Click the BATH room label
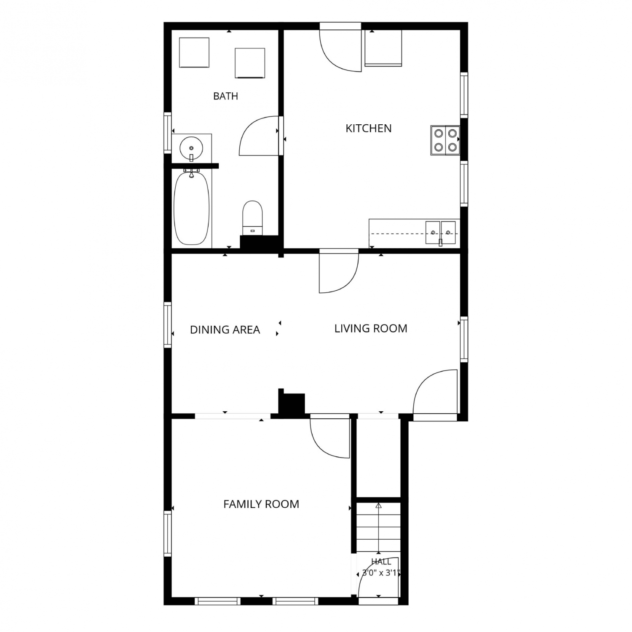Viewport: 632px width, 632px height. [225, 96]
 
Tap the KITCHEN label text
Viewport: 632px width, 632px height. [369, 128]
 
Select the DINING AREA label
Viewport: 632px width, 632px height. [225, 329]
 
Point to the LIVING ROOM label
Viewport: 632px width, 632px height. [371, 328]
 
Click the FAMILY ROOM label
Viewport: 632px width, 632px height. [261, 504]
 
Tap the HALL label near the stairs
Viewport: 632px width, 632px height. [381, 562]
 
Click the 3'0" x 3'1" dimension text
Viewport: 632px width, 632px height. [381, 573]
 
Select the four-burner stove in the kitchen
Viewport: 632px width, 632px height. [445, 140]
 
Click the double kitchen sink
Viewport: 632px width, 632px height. [440, 233]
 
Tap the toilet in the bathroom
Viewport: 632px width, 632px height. [253, 218]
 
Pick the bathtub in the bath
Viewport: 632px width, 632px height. [192, 208]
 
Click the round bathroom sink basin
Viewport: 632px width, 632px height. [192, 148]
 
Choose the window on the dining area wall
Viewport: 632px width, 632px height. [168, 325]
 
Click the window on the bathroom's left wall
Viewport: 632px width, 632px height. [168, 133]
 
